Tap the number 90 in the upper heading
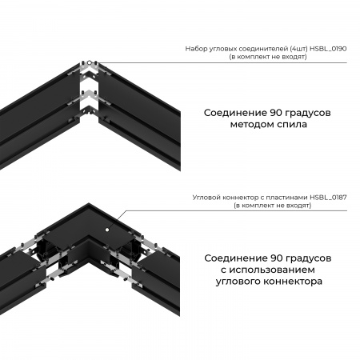pyautogui.click(x=274, y=111)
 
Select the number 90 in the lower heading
pyautogui.click(x=274, y=258)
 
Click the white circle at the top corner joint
pyautogui.click(x=91, y=62)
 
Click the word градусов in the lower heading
pyautogui.click(x=308, y=258)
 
